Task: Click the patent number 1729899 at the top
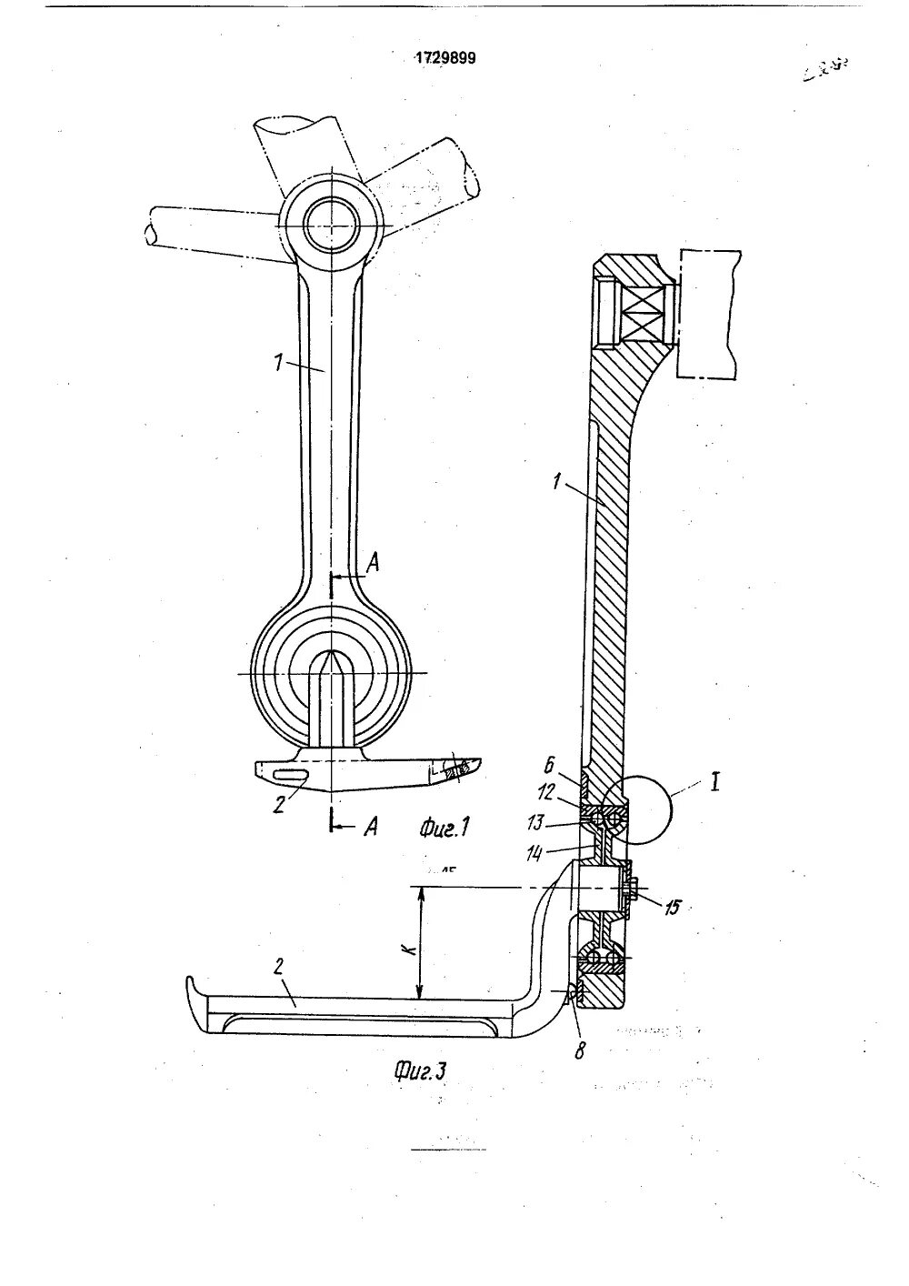tap(445, 58)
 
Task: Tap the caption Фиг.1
tap(444, 827)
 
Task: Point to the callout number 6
tap(549, 767)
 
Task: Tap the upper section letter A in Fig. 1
tap(372, 566)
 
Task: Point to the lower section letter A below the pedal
tap(371, 827)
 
